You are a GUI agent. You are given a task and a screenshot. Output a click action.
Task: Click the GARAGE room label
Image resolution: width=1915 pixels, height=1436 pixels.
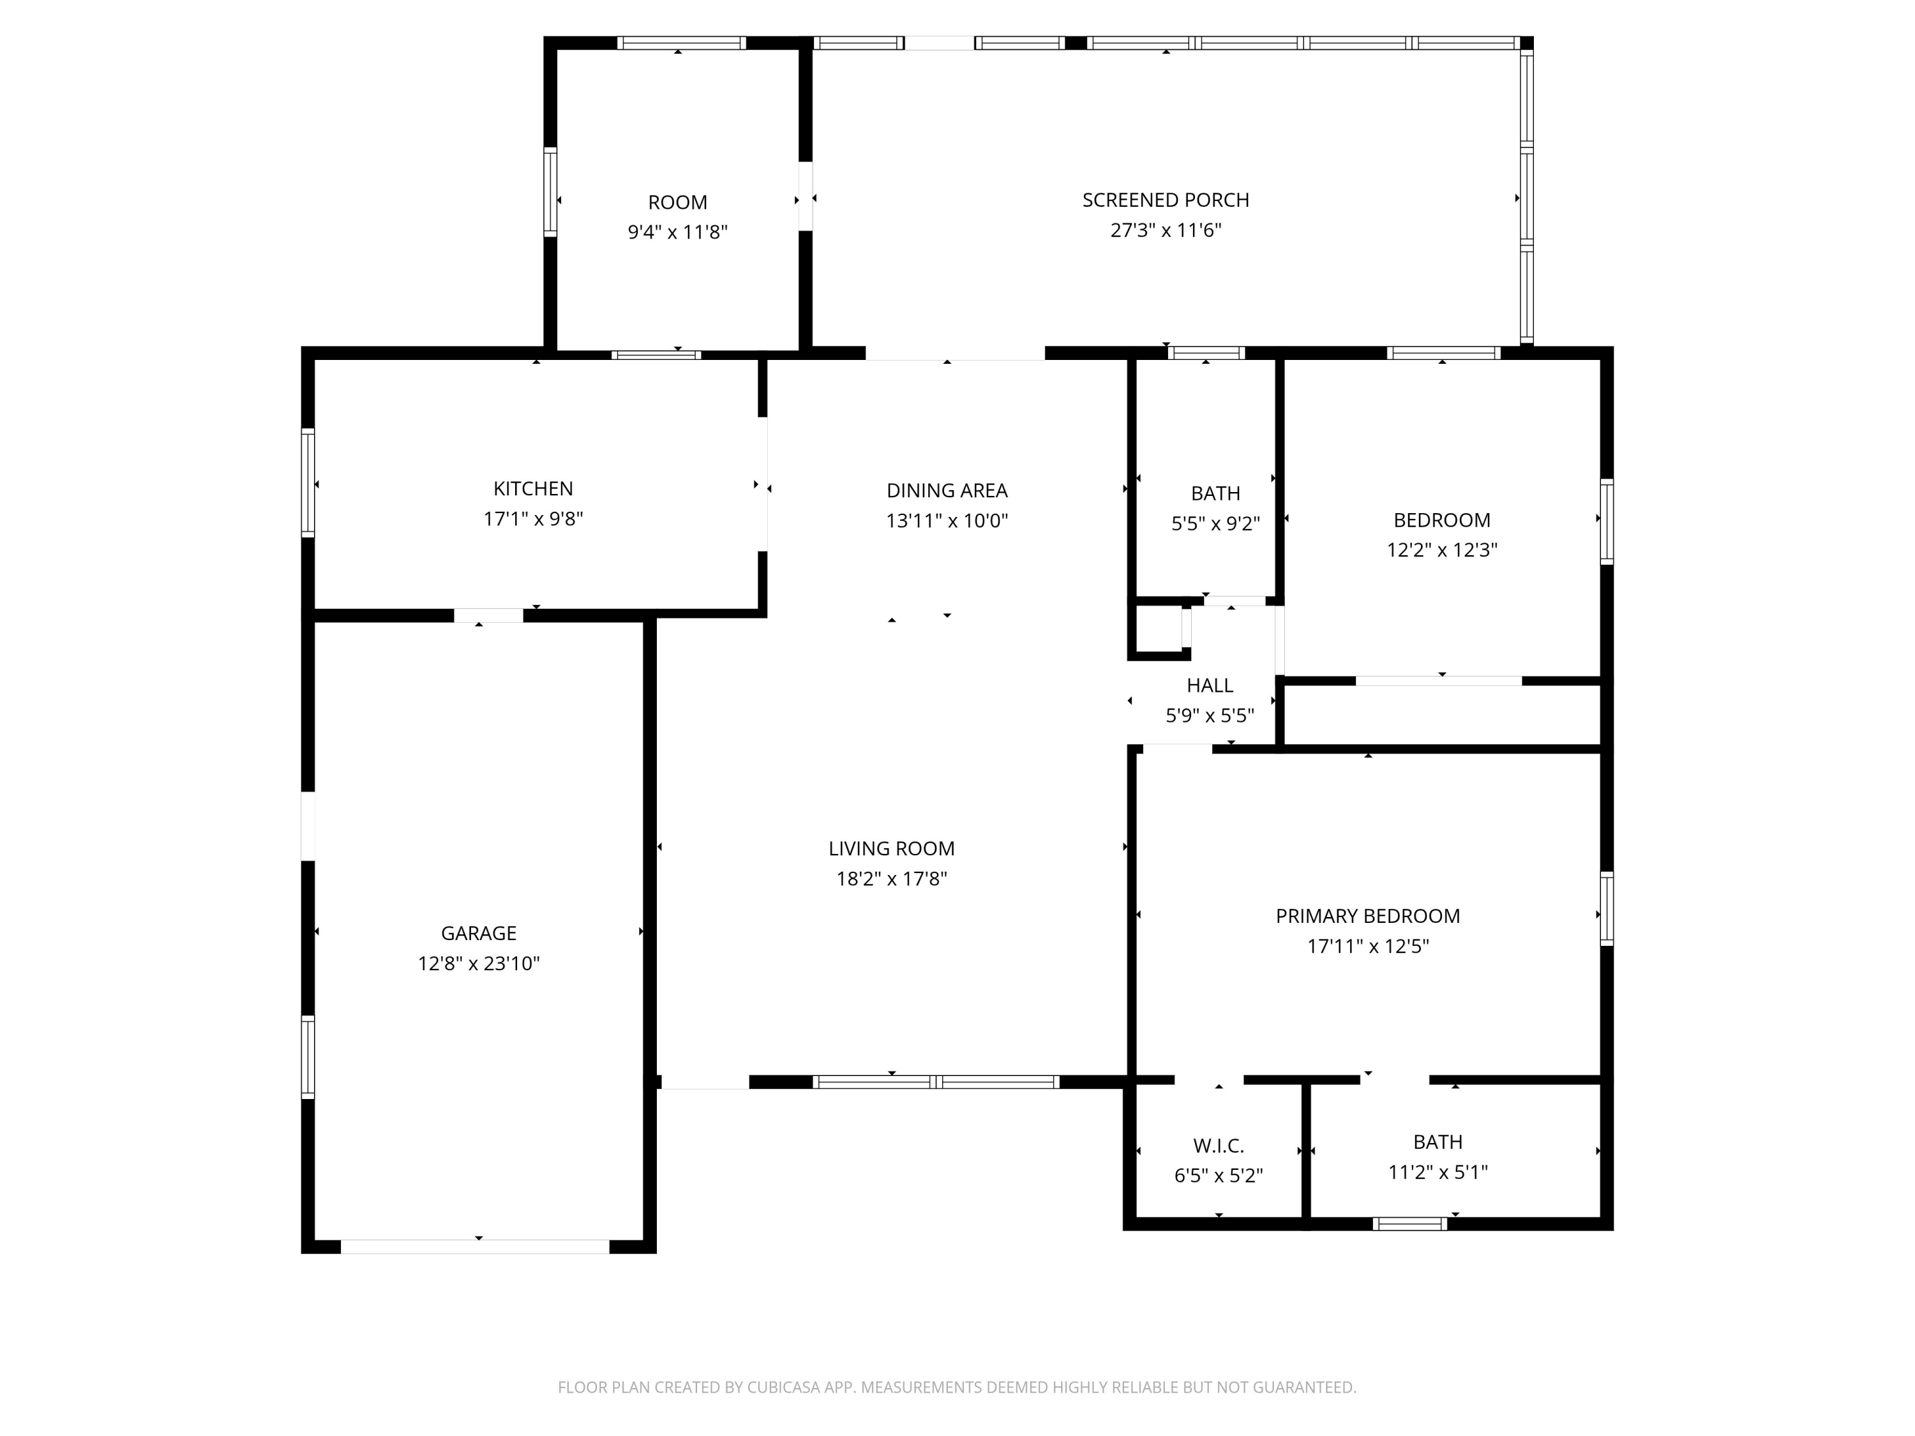(x=478, y=933)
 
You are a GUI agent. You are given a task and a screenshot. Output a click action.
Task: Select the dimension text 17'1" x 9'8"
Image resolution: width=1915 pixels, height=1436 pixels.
(x=532, y=518)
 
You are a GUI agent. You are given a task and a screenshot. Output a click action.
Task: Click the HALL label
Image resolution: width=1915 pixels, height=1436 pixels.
(x=1210, y=685)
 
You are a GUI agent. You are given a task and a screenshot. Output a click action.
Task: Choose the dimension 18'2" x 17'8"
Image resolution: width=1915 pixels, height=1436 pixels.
(x=891, y=879)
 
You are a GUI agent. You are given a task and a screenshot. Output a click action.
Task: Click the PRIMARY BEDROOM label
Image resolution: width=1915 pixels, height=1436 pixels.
(x=1367, y=916)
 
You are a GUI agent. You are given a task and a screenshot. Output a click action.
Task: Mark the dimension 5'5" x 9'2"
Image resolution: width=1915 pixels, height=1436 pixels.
(x=1215, y=524)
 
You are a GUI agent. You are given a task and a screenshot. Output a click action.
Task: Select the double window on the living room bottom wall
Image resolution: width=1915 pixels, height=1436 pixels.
(x=935, y=1081)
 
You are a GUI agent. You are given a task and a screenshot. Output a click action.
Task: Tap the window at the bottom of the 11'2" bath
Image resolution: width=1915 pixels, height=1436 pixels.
(x=1409, y=1224)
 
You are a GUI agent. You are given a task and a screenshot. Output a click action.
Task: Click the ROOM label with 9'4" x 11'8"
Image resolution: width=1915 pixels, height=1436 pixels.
(x=677, y=202)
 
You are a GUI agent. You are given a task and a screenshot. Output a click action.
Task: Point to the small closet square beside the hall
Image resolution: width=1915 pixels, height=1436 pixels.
(x=1157, y=629)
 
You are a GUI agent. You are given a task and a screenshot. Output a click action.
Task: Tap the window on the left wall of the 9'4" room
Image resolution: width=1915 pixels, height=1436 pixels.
(x=550, y=192)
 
